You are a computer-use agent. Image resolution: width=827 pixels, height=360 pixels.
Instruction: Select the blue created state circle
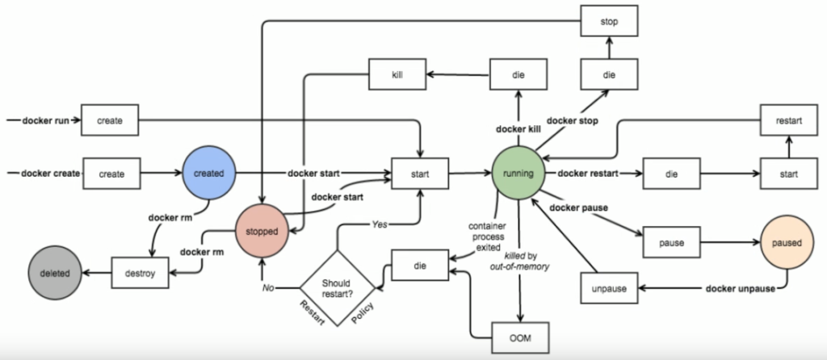pyautogui.click(x=208, y=173)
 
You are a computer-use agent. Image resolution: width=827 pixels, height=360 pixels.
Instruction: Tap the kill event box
pyautogui.click(x=397, y=76)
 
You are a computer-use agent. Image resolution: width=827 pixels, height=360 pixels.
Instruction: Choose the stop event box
pyautogui.click(x=611, y=22)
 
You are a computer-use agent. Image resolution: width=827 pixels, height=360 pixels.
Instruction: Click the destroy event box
pyautogui.click(x=140, y=273)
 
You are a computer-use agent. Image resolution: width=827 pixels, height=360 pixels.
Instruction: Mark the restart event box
pyautogui.click(x=788, y=120)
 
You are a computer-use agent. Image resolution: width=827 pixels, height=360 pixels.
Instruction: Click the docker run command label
pyautogui.click(x=44, y=120)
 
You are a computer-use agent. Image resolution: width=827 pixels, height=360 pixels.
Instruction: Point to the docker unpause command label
pyautogui.click(x=740, y=287)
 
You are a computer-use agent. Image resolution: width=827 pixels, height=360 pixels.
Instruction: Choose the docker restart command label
pyautogui.click(x=589, y=173)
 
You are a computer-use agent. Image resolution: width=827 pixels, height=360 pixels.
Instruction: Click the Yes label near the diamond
pyautogui.click(x=380, y=224)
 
